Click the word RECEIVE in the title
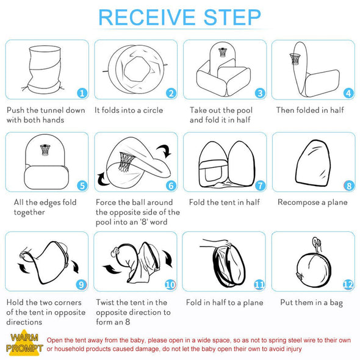click(147, 18)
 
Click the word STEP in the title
click(232, 18)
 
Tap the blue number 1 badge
click(82, 93)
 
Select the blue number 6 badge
click(171, 185)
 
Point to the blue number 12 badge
click(348, 285)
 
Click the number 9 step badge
click(81, 285)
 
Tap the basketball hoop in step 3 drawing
click(222, 52)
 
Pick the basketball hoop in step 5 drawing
click(45, 149)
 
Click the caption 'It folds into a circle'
click(129, 110)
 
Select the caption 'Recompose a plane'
click(312, 202)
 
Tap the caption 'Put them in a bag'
click(312, 303)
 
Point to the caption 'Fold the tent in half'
click(225, 202)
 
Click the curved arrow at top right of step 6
click(164, 151)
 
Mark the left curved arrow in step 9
click(23, 268)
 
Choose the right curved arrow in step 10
click(168, 259)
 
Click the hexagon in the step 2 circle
click(137, 69)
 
